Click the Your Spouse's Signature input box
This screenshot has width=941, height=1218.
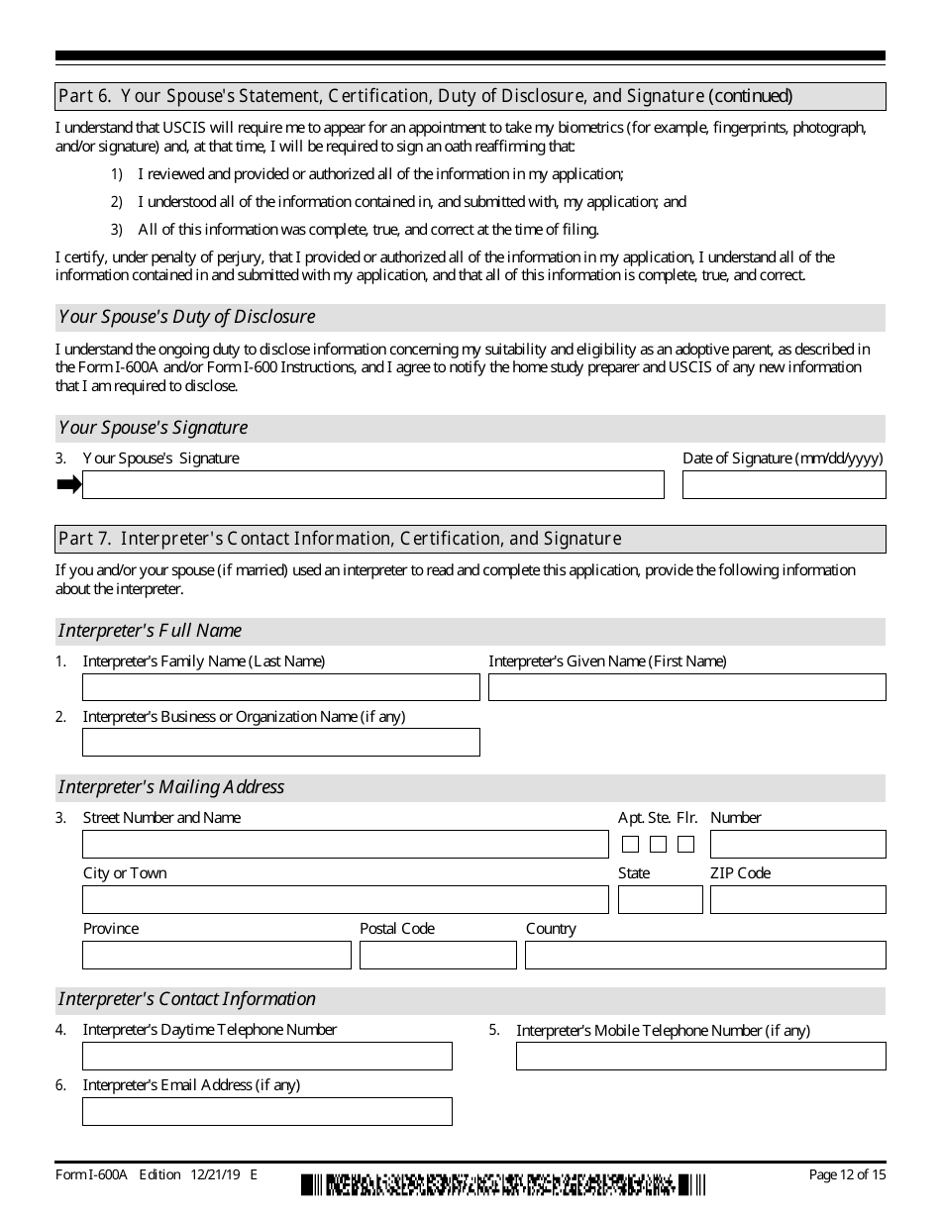point(372,484)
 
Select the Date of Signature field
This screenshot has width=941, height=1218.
point(784,484)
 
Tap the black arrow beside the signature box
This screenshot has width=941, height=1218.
point(68,484)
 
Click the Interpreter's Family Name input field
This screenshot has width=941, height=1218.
point(280,687)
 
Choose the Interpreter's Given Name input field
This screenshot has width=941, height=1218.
point(686,687)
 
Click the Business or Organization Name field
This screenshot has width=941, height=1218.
point(280,743)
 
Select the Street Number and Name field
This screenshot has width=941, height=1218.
point(345,844)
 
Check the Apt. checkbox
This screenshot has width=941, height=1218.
point(630,845)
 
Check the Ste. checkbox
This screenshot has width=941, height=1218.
point(658,845)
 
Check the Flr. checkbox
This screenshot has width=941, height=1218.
point(685,845)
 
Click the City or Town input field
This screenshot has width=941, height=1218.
point(345,899)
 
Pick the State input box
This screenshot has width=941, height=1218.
point(660,899)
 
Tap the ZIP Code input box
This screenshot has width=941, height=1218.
point(797,899)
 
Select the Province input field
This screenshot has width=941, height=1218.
point(216,955)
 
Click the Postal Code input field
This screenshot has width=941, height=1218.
point(438,955)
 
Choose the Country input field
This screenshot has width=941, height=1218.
point(705,955)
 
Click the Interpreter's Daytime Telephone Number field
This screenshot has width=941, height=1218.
point(266,1056)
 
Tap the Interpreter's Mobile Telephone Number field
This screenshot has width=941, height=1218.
point(700,1057)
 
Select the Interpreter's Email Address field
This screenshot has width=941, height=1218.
point(266,1111)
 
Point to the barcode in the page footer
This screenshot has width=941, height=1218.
point(503,1184)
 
